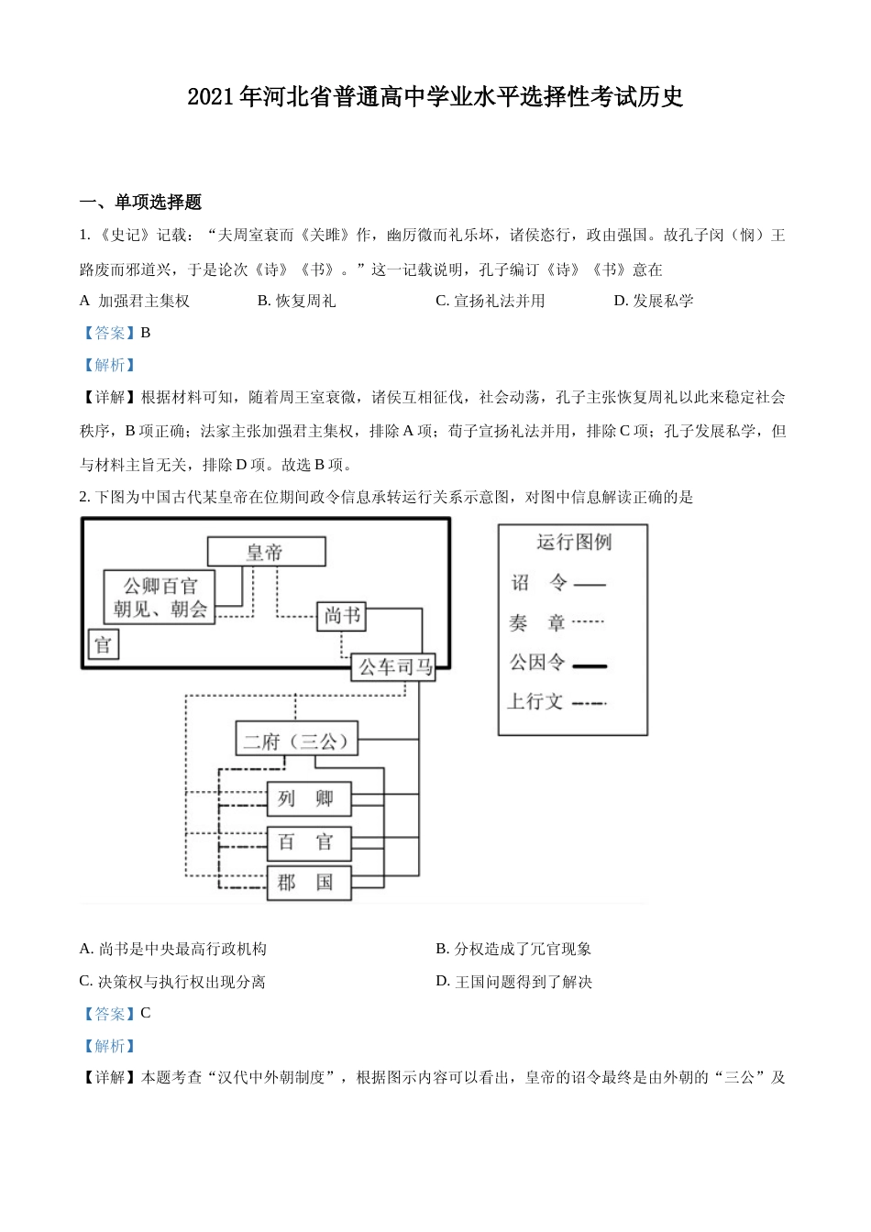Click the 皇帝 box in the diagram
click(x=266, y=552)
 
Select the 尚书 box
click(x=342, y=616)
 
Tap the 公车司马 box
click(x=393, y=667)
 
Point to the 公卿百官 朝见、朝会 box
click(x=160, y=598)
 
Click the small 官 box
click(x=103, y=644)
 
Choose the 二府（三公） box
click(x=296, y=740)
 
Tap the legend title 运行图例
click(x=573, y=543)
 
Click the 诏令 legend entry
click(x=540, y=583)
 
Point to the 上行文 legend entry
click(x=535, y=702)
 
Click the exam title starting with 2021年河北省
click(x=435, y=97)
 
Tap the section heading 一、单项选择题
click(x=141, y=203)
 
